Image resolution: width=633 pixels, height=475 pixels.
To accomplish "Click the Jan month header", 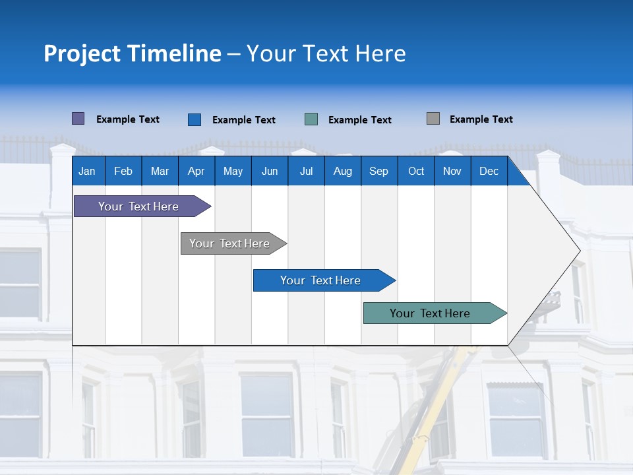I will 87,171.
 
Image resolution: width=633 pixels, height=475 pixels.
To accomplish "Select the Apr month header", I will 196,171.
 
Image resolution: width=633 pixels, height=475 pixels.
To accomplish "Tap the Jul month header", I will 306,171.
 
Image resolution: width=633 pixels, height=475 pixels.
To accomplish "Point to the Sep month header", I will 378,171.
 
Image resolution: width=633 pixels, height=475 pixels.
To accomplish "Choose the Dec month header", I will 489,171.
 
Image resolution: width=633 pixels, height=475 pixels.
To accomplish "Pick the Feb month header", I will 123,171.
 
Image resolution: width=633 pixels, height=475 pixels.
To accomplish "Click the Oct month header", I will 416,171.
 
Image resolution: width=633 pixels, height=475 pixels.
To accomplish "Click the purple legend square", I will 78,119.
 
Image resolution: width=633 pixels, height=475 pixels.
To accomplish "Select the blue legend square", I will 195,119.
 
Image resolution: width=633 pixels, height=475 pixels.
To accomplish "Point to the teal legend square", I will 311,119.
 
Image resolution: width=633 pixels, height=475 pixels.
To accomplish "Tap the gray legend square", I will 433,119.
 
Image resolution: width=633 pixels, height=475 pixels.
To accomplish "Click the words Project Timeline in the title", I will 133,53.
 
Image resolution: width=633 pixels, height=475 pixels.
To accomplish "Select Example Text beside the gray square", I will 481,119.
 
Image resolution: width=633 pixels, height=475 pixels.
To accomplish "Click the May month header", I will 233,171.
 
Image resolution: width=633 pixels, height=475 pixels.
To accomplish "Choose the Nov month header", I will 452,171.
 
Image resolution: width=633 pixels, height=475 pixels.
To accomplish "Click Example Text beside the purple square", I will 128,119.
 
